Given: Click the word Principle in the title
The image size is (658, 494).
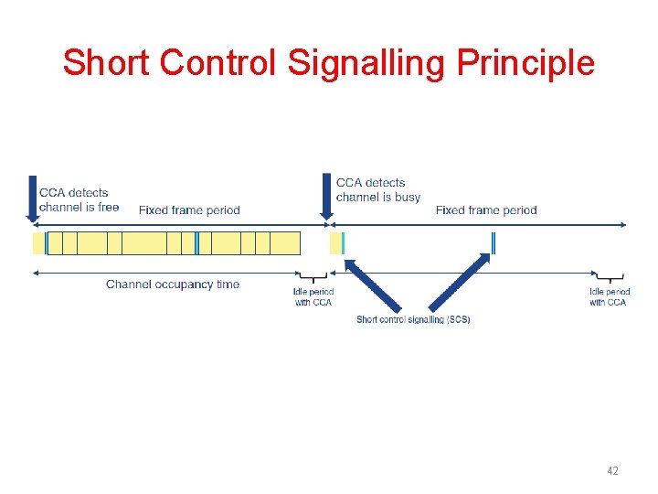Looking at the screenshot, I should click(x=525, y=63).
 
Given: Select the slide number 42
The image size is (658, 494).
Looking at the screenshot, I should click(x=612, y=470).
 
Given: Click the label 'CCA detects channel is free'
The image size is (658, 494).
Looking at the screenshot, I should click(x=79, y=199).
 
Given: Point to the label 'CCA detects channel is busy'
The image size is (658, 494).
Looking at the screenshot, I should click(x=377, y=189).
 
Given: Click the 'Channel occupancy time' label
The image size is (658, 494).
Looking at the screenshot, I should click(x=173, y=285).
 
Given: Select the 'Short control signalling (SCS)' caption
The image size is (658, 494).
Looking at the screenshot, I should click(x=413, y=319).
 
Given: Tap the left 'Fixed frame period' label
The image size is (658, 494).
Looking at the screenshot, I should click(x=189, y=210).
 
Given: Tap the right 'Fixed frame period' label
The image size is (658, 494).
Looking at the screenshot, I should click(x=486, y=210).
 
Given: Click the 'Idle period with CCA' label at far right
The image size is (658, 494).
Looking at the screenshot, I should click(x=609, y=296).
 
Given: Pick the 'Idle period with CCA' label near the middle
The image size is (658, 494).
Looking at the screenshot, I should click(x=313, y=296).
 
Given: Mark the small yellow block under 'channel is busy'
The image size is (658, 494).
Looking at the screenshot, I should click(x=335, y=242).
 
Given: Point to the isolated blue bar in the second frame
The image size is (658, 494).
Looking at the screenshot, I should click(x=493, y=242).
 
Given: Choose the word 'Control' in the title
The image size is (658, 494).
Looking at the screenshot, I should click(x=218, y=63).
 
